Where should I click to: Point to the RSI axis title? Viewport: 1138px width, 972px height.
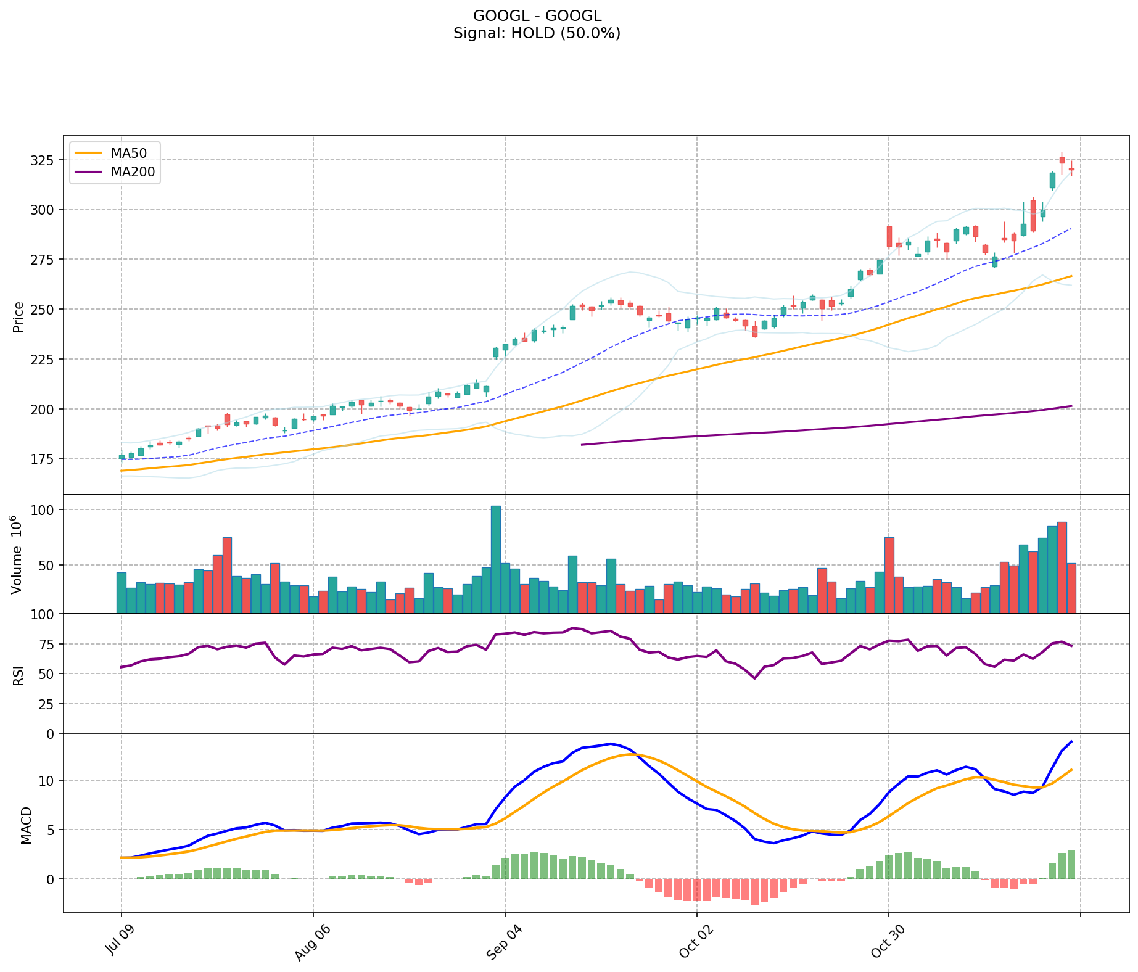click(x=19, y=675)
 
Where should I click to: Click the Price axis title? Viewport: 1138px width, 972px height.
click(x=19, y=317)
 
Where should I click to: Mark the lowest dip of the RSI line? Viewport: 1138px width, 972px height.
click(x=754, y=678)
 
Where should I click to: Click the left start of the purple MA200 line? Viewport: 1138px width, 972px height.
click(x=582, y=444)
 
